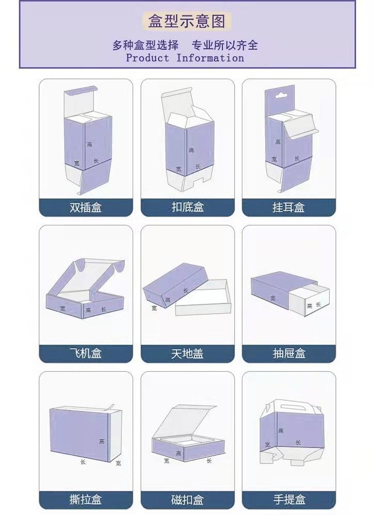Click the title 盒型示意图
coord(187,22)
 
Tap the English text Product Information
coord(185,58)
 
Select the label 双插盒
coord(86,208)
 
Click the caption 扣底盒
coord(187,207)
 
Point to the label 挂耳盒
coord(288,208)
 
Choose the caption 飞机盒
coord(86,354)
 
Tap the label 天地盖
coord(187,354)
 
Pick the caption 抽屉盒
coord(289,354)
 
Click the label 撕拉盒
coord(86,500)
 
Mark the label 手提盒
coord(289,500)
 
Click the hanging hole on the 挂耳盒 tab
coord(280,96)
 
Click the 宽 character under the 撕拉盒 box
coord(118,463)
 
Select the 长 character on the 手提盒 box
coord(298,442)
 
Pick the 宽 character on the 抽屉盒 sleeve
coord(273,298)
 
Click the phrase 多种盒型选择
coord(145,45)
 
